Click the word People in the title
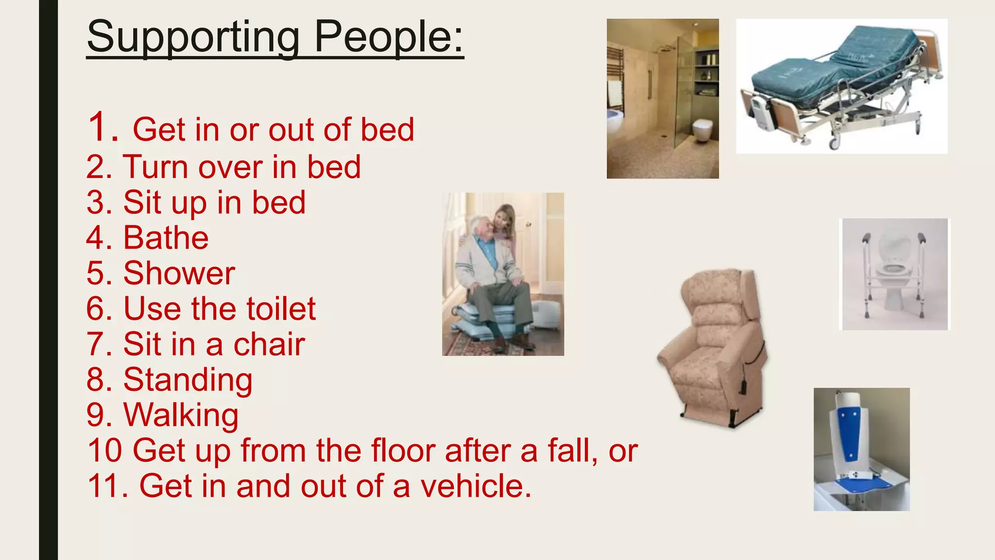point(389,37)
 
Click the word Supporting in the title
point(193,38)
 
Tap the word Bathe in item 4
point(166,238)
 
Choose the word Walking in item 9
point(181,415)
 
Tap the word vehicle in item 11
point(476,486)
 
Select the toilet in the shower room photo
point(702,129)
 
